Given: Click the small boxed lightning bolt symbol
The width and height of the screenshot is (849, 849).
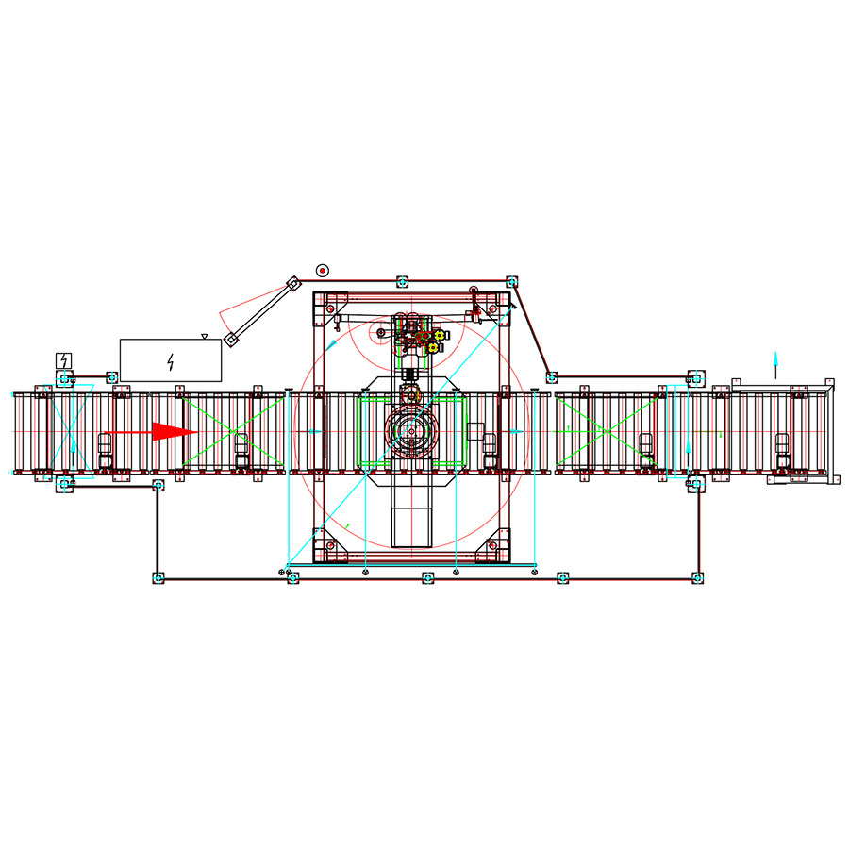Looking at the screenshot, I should pyautogui.click(x=63, y=360).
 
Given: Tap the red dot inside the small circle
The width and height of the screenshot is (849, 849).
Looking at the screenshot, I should pyautogui.click(x=323, y=270).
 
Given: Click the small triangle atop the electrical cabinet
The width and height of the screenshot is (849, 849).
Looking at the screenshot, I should pyautogui.click(x=205, y=336).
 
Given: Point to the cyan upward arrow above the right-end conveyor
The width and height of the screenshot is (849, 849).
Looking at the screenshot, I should pyautogui.click(x=775, y=360).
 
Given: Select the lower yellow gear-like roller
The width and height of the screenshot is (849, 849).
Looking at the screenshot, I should pyautogui.click(x=433, y=348).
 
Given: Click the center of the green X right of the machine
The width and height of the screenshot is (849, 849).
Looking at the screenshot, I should pyautogui.click(x=606, y=431).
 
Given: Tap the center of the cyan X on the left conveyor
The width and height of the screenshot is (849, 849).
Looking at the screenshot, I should pyautogui.click(x=71, y=432).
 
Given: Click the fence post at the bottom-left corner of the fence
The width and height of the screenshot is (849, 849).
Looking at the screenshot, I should pyautogui.click(x=158, y=577).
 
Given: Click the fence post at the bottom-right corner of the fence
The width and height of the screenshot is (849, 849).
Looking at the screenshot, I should pyautogui.click(x=697, y=577).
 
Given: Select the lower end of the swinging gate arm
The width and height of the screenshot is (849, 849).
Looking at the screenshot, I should pyautogui.click(x=229, y=341).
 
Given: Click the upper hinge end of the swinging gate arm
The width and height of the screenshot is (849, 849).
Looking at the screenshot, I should pyautogui.click(x=293, y=281).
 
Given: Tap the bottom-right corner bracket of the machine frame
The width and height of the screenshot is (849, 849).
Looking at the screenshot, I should pyautogui.click(x=493, y=547).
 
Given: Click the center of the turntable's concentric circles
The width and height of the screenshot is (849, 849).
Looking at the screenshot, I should pyautogui.click(x=412, y=432).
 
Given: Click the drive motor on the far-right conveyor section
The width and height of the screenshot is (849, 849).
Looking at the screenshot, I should pyautogui.click(x=782, y=443).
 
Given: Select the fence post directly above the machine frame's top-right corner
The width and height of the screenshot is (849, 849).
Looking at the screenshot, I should pyautogui.click(x=511, y=281).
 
